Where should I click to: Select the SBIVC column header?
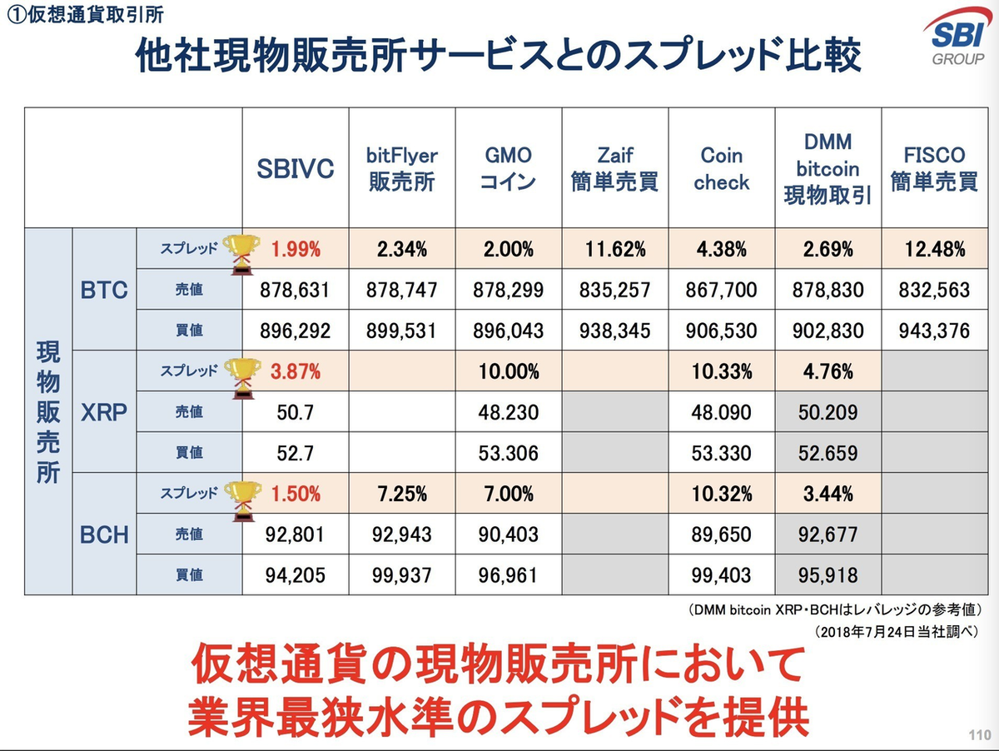(295, 168)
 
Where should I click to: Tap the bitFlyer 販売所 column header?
(402, 169)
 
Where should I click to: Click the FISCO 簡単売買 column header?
(933, 169)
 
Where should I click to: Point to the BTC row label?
(104, 290)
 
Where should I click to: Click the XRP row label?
(104, 411)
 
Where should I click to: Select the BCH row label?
(104, 534)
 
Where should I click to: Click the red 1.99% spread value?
(295, 248)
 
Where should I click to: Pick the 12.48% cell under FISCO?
(933, 248)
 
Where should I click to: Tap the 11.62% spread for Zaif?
(614, 248)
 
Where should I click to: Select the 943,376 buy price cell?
(933, 331)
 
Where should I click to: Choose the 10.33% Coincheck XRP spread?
(721, 371)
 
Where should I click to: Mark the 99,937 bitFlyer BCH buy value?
(402, 574)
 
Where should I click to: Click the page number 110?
(979, 735)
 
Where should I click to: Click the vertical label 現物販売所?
(48, 411)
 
